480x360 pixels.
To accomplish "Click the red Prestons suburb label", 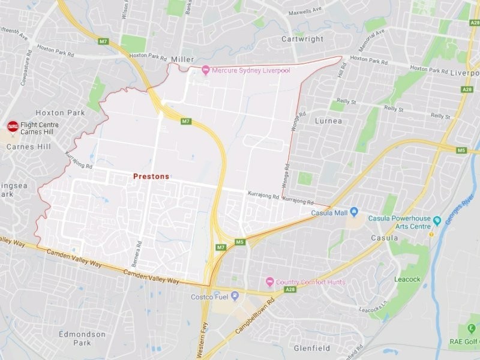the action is click(x=151, y=176).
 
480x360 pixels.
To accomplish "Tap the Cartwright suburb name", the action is click(x=302, y=39).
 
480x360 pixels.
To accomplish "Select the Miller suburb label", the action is click(x=183, y=59).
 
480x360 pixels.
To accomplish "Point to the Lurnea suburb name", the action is click(x=328, y=121).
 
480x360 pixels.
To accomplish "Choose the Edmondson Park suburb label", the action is click(x=83, y=338).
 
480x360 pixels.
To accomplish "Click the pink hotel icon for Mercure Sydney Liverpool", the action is click(x=205, y=71).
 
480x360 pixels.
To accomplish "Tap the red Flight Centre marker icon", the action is click(x=13, y=127).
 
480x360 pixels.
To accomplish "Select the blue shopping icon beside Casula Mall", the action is click(x=354, y=212).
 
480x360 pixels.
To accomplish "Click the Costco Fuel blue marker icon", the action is click(x=235, y=296).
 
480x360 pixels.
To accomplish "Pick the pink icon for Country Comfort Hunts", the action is click(x=270, y=281).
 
